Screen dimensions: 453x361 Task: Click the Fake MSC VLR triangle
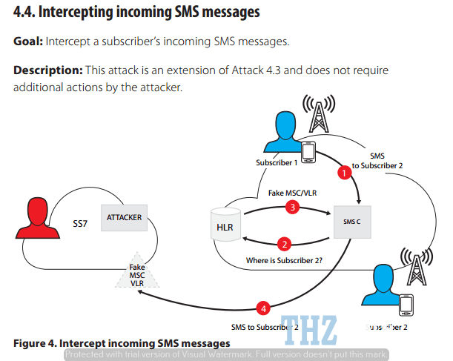tap(137, 275)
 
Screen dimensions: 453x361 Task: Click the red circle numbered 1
tap(343, 173)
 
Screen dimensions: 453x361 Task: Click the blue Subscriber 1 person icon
tap(286, 130)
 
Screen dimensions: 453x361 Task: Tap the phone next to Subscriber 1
tap(307, 151)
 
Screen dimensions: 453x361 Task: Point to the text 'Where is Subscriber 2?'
tap(285, 260)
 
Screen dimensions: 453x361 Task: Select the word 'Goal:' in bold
tap(28, 41)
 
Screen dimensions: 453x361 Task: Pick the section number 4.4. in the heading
tap(28, 13)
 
